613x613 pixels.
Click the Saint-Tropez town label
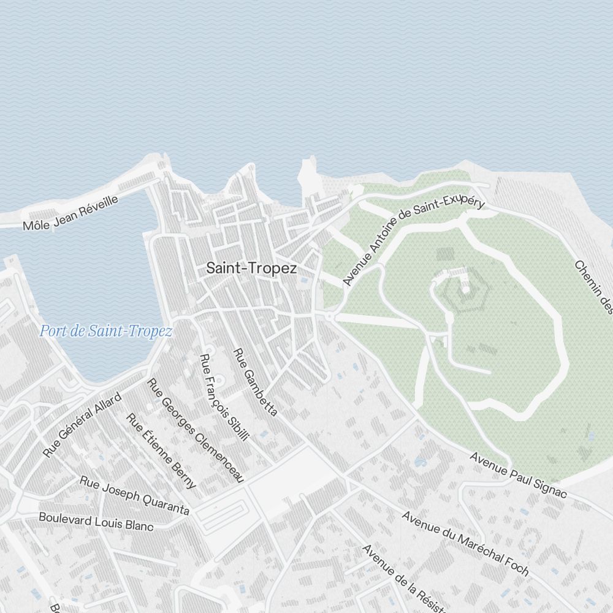click(251, 268)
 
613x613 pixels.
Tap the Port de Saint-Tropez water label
click(106, 332)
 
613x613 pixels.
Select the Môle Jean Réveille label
click(70, 213)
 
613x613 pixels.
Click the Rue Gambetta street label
click(256, 382)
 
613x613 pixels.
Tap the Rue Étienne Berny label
click(161, 451)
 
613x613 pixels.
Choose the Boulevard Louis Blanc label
click(96, 521)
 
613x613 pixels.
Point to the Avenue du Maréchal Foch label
click(465, 543)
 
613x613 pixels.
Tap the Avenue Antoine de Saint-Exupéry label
click(413, 242)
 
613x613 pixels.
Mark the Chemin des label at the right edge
click(593, 287)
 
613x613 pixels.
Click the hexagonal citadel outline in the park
click(464, 294)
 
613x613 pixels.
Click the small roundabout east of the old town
click(331, 316)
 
